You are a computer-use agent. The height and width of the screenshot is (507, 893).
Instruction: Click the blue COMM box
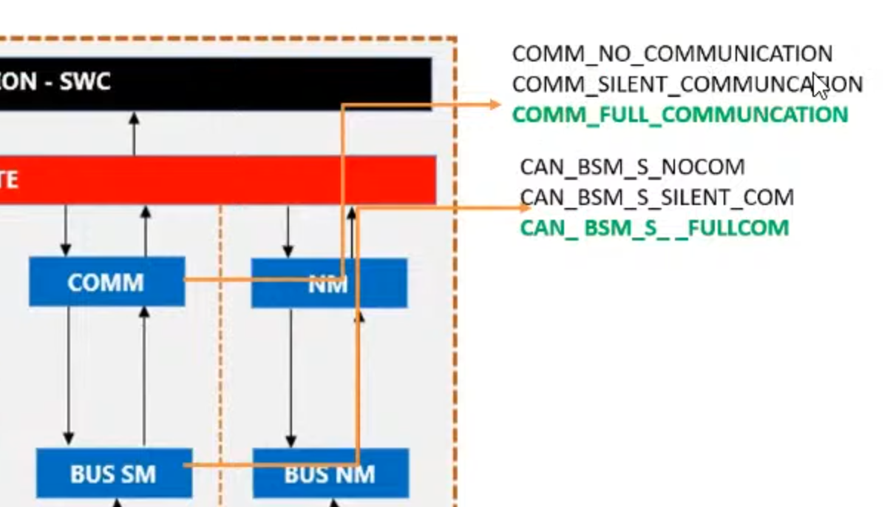click(x=106, y=282)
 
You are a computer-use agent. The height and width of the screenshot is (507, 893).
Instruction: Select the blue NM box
click(x=329, y=283)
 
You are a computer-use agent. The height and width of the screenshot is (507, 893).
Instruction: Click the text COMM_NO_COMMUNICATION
click(x=672, y=54)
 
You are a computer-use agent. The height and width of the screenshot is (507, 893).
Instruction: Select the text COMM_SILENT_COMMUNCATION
click(x=687, y=84)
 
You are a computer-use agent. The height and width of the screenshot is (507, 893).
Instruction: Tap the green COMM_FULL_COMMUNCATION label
click(x=679, y=115)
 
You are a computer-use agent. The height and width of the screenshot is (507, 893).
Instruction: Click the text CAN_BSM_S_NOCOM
click(x=632, y=167)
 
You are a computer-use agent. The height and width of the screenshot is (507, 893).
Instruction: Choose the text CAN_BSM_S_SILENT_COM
click(x=656, y=198)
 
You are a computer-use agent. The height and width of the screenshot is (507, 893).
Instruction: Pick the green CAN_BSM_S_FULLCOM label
click(x=654, y=227)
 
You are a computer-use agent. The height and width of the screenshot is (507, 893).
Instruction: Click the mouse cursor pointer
click(x=819, y=85)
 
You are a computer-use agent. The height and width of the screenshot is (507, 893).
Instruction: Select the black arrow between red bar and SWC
click(x=134, y=133)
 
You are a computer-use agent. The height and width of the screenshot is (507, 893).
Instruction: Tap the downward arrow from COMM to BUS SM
click(x=69, y=374)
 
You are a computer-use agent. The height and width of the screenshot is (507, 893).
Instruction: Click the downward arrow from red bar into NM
click(x=288, y=231)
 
